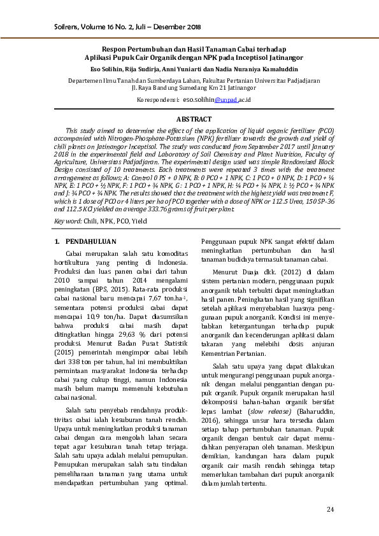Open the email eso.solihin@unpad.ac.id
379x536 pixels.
click(x=217, y=100)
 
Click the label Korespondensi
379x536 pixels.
click(x=157, y=100)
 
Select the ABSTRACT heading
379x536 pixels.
click(x=194, y=119)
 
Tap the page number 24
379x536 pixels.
click(x=330, y=509)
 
